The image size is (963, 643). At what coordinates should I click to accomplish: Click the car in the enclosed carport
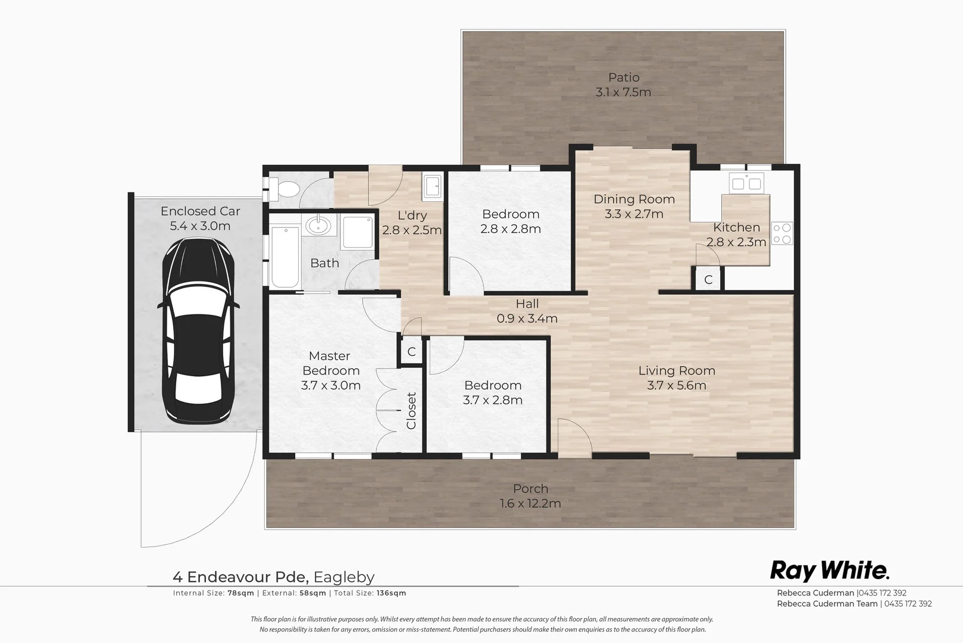click(x=199, y=331)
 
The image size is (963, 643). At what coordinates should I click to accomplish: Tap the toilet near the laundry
click(x=287, y=190)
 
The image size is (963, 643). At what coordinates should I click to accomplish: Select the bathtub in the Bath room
click(x=284, y=257)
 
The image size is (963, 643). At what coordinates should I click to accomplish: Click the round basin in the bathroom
click(x=320, y=226)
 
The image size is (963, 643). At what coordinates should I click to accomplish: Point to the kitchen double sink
click(x=746, y=183)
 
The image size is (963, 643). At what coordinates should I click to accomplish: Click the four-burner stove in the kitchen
click(x=782, y=233)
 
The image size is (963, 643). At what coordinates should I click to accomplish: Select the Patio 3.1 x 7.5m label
click(x=623, y=85)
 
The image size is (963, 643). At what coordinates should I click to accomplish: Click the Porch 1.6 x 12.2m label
click(x=530, y=496)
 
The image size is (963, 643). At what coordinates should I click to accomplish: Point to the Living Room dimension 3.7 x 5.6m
click(x=677, y=385)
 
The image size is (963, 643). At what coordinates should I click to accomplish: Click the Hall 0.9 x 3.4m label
click(x=527, y=311)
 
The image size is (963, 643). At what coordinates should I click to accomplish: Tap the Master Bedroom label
click(x=330, y=363)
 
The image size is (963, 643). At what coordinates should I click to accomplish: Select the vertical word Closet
click(x=411, y=410)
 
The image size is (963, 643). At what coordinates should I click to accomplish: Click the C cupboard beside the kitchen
click(x=708, y=279)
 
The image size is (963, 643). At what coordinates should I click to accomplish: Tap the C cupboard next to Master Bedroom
click(x=411, y=352)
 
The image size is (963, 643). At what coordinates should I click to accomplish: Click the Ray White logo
click(x=830, y=570)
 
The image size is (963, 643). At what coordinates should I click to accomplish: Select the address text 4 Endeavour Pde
click(x=240, y=577)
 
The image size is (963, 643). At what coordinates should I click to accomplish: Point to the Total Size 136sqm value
click(x=390, y=593)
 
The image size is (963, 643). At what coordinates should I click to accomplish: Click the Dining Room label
click(x=634, y=199)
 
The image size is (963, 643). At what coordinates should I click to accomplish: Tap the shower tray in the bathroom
click(x=357, y=232)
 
